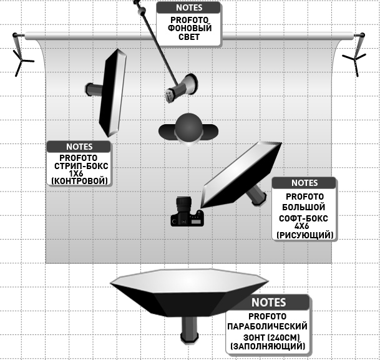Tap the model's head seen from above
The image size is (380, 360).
click(188, 127)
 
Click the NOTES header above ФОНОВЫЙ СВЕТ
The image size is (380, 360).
click(189, 8)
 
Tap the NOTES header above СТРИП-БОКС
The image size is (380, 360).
click(79, 147)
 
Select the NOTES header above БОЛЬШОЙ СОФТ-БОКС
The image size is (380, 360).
click(304, 183)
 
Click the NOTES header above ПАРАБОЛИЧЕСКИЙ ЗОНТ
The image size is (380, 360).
click(268, 302)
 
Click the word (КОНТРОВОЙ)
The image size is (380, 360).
click(79, 181)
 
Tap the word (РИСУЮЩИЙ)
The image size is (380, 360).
click(304, 235)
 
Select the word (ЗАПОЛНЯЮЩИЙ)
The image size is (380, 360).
click(268, 345)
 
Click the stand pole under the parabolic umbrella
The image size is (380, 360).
click(188, 327)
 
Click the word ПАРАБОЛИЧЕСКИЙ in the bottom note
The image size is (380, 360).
click(268, 326)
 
